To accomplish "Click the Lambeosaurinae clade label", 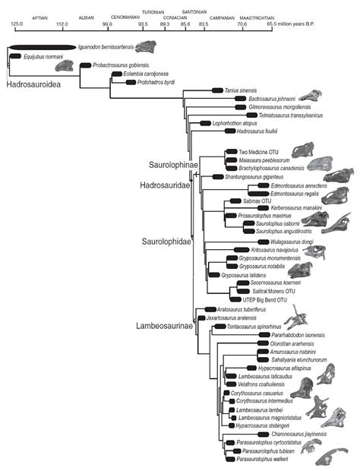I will (x=166, y=327).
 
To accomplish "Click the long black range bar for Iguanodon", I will (x=43, y=48).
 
